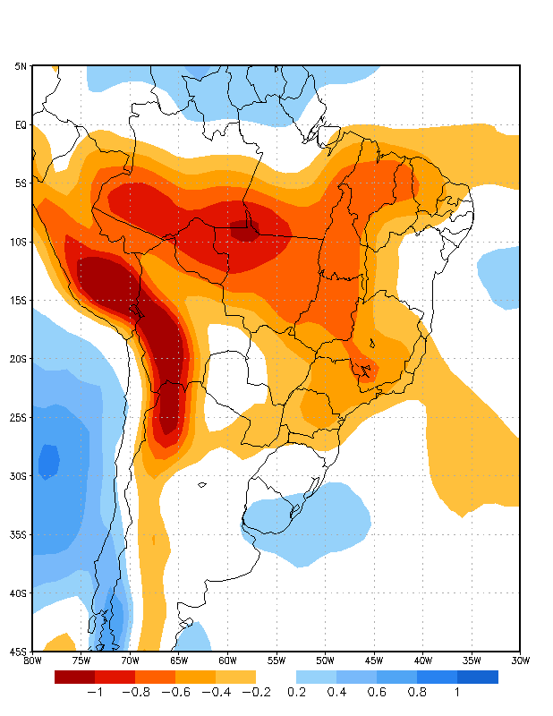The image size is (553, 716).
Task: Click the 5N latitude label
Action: [x=21, y=66]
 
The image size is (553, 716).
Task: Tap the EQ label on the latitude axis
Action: [x=21, y=124]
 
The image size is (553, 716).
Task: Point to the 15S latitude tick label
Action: [x=19, y=300]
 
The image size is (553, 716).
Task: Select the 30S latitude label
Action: [x=19, y=475]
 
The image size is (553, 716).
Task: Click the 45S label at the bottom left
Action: [x=19, y=651]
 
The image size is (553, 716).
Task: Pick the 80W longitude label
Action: [x=32, y=661]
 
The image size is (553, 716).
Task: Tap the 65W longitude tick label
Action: [x=178, y=661]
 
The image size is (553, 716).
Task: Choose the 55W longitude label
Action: [x=276, y=661]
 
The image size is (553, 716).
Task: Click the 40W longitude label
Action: [x=422, y=661]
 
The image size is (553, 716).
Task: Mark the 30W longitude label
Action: [x=520, y=661]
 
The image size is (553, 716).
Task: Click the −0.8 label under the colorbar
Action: [x=134, y=692]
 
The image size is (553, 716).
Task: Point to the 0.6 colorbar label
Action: [x=377, y=692]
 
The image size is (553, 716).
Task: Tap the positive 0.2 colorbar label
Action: [x=297, y=692]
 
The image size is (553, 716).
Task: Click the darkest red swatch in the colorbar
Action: [x=74, y=677]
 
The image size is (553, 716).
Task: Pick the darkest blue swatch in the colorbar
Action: [x=478, y=677]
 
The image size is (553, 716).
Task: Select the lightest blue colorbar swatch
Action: [x=316, y=677]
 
